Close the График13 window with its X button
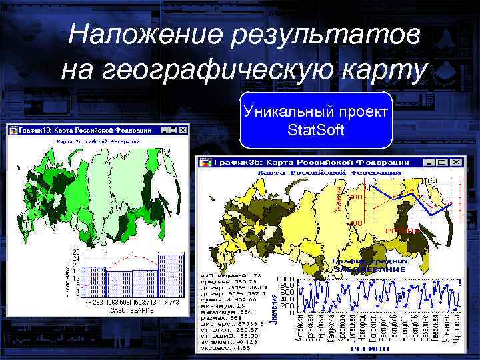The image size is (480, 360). (x=181, y=130)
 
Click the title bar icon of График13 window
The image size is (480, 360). (x=13, y=130)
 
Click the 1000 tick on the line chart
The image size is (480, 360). (x=285, y=279)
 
